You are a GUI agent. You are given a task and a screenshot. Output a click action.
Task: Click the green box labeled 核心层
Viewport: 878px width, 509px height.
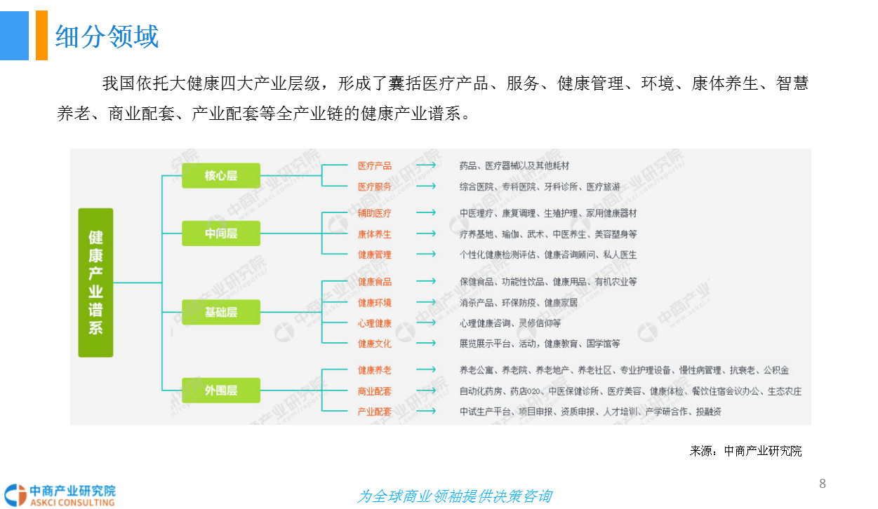(x=221, y=175)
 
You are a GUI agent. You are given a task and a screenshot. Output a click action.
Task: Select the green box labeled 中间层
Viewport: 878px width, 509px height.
(x=221, y=233)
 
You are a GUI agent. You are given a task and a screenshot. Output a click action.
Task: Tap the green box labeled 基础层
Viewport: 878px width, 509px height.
(x=221, y=312)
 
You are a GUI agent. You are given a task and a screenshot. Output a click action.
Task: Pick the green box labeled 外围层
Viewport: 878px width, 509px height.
(x=221, y=391)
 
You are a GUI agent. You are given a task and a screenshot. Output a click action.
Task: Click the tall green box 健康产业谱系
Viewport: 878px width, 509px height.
(x=95, y=283)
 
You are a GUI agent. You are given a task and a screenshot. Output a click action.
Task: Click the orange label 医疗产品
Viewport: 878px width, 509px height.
(x=374, y=165)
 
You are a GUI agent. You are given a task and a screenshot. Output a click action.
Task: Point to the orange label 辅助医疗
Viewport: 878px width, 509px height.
(x=374, y=213)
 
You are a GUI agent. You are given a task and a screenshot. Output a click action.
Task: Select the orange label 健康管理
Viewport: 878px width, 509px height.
(x=374, y=254)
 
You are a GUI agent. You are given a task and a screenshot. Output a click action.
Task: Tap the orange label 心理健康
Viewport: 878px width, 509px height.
(x=374, y=323)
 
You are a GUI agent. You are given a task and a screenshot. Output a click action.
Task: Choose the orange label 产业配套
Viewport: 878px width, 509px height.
(x=374, y=412)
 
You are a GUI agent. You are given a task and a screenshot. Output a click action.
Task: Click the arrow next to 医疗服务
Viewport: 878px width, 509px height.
(x=426, y=186)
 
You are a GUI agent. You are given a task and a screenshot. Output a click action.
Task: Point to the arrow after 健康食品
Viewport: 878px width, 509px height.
(x=426, y=281)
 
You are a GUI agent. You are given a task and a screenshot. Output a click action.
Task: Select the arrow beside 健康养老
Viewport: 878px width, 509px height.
(x=426, y=369)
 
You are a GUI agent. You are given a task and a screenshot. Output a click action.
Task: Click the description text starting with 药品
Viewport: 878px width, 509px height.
(x=514, y=165)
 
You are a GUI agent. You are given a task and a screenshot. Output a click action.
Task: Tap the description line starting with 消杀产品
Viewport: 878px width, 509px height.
(x=519, y=302)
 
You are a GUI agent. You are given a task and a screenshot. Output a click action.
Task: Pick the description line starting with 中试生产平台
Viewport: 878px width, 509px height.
(x=590, y=412)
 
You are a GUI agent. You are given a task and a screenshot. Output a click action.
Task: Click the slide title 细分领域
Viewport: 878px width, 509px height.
(x=107, y=36)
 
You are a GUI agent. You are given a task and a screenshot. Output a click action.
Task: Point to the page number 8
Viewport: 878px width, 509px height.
(x=823, y=484)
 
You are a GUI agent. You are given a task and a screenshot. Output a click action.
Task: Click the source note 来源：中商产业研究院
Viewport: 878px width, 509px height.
(x=745, y=451)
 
